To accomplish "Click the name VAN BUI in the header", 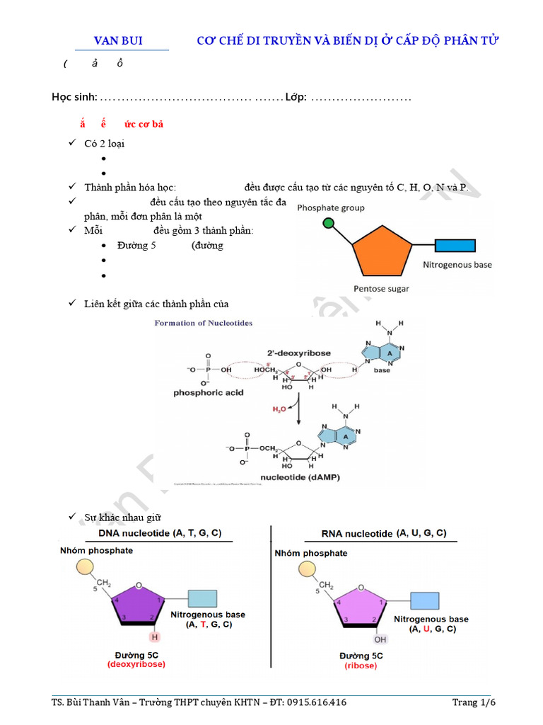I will (119, 40).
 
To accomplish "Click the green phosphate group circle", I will (327, 224).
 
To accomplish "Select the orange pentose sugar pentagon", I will (381, 252).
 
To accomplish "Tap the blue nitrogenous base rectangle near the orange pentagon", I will (455, 246).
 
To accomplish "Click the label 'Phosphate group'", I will (331, 208).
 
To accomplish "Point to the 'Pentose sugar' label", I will (381, 289).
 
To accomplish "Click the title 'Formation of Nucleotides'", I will (204, 323).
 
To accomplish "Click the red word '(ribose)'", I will (361, 666).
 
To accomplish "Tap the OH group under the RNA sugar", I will (380, 639).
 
